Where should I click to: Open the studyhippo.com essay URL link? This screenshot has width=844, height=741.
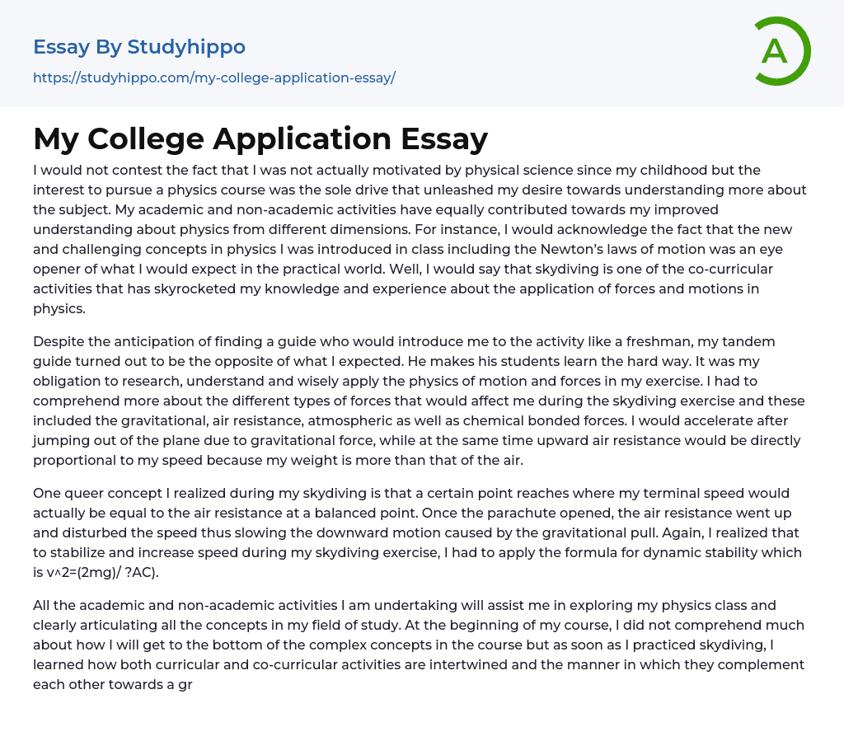(213, 77)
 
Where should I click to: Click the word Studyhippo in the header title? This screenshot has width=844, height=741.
(186, 47)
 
